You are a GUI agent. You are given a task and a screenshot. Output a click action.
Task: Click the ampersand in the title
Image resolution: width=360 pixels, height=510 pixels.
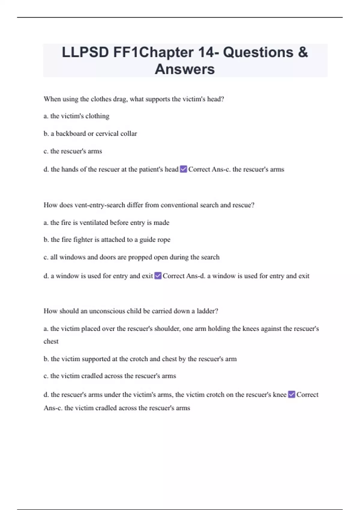point(303,52)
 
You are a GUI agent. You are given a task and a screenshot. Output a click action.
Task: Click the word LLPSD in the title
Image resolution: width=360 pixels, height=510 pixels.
point(85,52)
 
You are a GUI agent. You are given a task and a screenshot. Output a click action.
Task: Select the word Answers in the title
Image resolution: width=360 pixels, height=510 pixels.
point(185,69)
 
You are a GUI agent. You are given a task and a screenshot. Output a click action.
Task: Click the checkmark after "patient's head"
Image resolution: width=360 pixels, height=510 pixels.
point(183,169)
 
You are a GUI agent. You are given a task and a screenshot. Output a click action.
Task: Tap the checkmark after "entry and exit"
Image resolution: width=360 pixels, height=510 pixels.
point(158,276)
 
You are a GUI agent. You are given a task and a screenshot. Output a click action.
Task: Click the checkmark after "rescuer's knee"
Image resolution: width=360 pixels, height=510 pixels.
point(291,394)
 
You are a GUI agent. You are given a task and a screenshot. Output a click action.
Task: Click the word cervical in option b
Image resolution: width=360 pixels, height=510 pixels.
point(107,133)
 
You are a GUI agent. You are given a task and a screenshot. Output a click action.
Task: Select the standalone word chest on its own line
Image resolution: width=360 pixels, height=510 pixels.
point(51,341)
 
